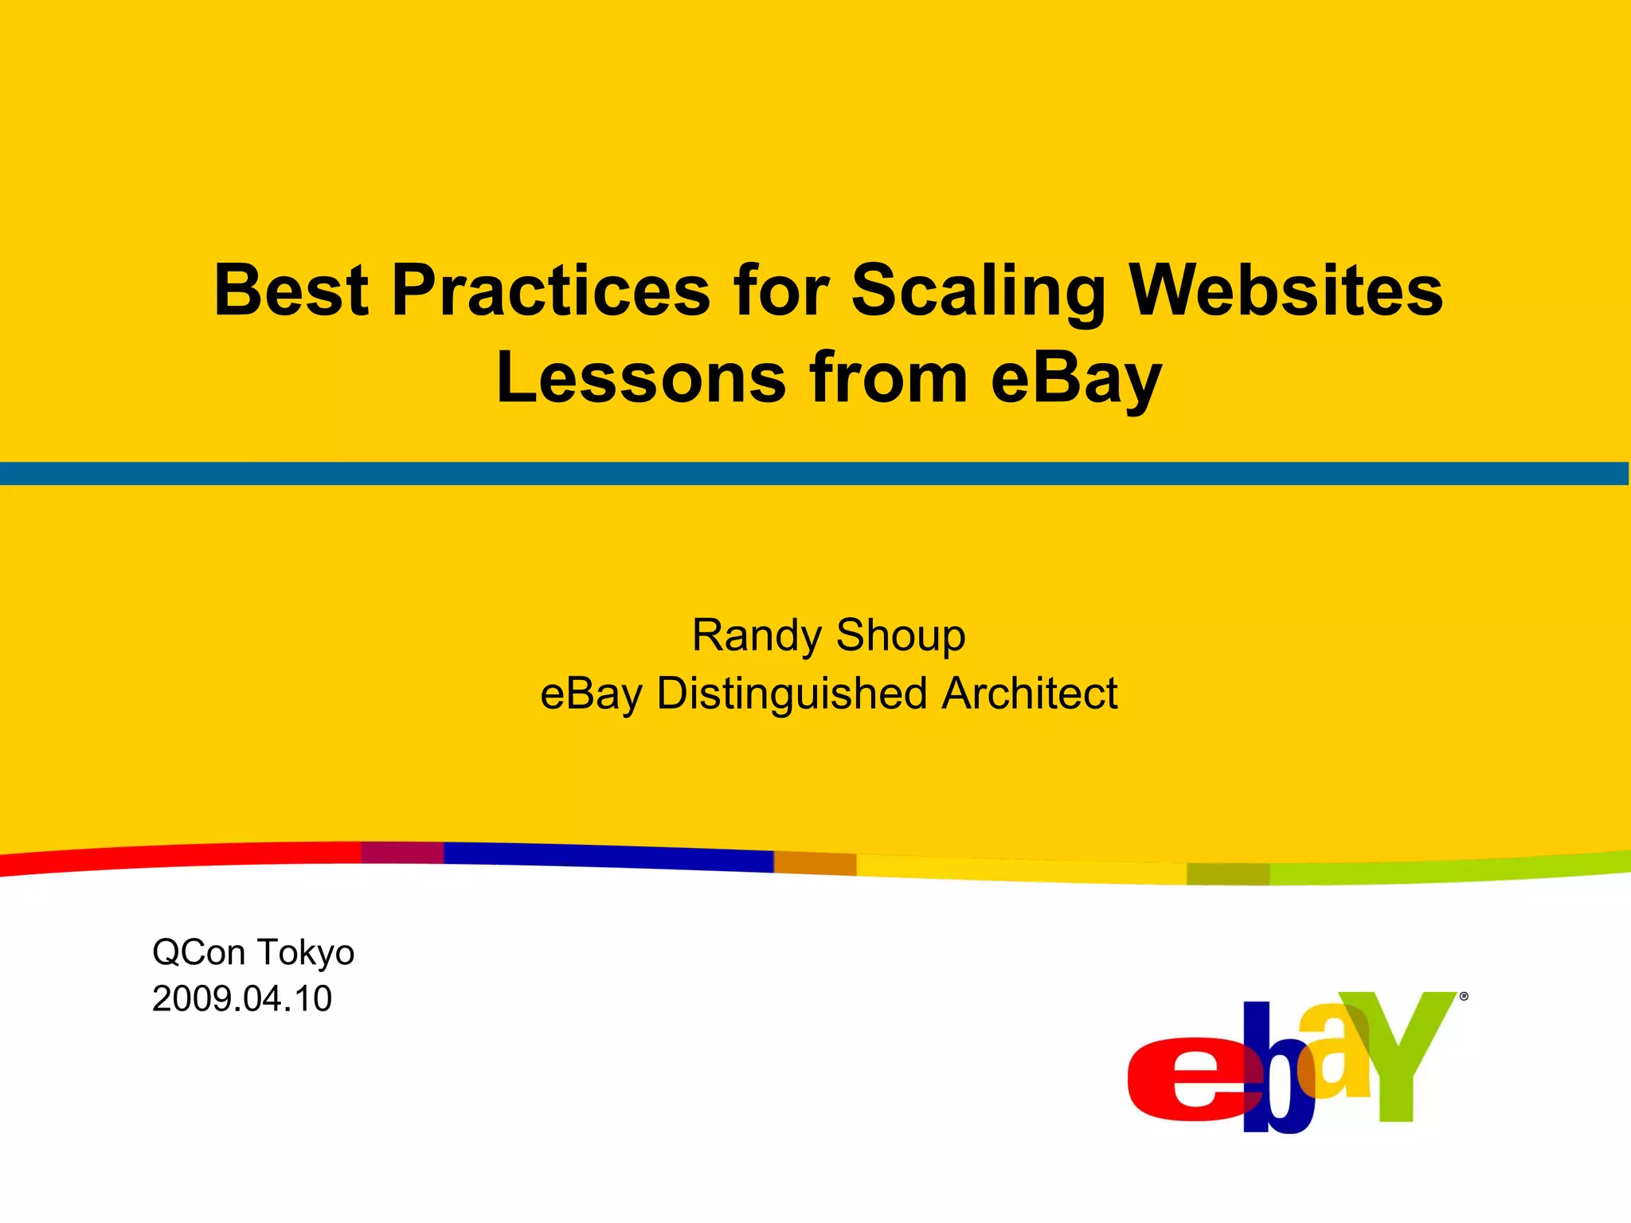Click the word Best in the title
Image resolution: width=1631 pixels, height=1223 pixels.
click(291, 291)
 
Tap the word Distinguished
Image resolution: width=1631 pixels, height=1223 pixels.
click(792, 694)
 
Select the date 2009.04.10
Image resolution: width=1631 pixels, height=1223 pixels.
click(242, 999)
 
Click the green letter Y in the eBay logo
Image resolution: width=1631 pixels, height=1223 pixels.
click(1402, 1051)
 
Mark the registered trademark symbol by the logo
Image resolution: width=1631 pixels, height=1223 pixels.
click(1464, 996)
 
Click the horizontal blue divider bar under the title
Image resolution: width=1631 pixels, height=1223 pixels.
click(815, 474)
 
